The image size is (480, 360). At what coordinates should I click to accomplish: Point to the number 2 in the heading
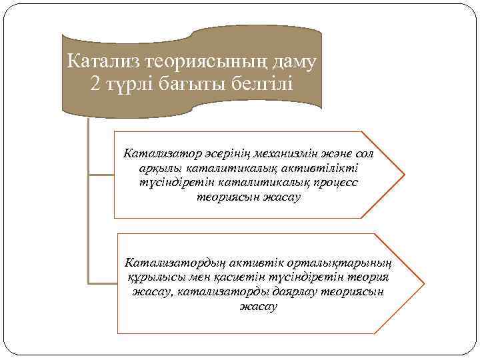tap(94, 85)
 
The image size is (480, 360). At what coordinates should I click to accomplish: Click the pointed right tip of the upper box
tap(403, 175)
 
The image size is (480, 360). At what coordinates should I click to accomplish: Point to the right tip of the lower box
tap(423, 283)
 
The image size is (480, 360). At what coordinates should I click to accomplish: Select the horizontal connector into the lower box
tap(103, 283)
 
